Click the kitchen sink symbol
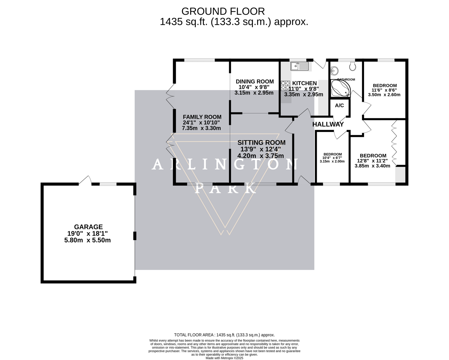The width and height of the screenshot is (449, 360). tap(299, 66)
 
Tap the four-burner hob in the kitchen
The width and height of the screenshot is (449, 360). tap(285, 86)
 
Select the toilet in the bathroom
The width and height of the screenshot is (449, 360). tap(353, 66)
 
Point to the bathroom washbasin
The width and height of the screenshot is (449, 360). tap(335, 71)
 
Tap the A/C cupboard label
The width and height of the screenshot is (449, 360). tap(339, 106)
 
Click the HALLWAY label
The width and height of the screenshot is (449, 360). tap(328, 124)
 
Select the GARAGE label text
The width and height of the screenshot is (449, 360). tap(88, 227)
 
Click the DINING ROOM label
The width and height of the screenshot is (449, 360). tap(254, 81)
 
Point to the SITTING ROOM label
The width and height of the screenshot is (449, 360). tap(261, 143)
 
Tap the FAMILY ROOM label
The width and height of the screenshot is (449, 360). tap(202, 117)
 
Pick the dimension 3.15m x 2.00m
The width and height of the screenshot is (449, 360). tap(332, 161)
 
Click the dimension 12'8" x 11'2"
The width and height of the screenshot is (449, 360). tap(373, 161)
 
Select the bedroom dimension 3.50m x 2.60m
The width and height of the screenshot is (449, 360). tap(384, 95)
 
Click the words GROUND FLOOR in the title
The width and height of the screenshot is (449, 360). tap(223, 11)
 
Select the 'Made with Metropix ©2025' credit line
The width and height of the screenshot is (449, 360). tap(224, 358)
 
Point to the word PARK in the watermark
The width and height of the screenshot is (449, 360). tap(225, 188)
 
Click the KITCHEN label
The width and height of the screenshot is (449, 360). tap(304, 83)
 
